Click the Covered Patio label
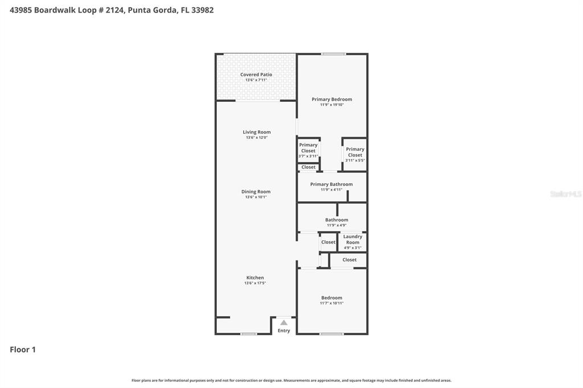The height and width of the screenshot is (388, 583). click(256, 75)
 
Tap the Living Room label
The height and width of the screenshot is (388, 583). click(256, 132)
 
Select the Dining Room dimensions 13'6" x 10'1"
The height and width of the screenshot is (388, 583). click(256, 197)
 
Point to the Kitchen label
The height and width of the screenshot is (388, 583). click(255, 278)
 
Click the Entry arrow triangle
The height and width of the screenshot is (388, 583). click(284, 323)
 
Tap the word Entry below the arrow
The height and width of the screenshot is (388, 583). click(284, 331)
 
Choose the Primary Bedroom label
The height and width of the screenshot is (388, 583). click(331, 100)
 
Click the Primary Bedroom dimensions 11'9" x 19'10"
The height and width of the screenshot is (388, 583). click(331, 105)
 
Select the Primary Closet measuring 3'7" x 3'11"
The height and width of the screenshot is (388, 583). click(308, 150)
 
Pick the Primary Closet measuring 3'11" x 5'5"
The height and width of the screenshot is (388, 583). click(355, 155)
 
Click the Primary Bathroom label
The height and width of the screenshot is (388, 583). click(331, 184)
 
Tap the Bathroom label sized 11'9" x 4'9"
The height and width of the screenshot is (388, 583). click(336, 220)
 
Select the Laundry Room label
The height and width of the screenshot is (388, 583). click(352, 240)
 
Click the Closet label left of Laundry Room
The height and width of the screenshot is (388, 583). click(328, 242)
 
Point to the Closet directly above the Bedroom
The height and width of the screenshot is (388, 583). click(350, 260)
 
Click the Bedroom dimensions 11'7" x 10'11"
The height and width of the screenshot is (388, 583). click(331, 303)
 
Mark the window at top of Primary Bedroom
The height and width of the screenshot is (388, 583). click(333, 54)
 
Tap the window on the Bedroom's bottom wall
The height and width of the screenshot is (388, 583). click(331, 334)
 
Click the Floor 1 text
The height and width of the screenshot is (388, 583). click(23, 350)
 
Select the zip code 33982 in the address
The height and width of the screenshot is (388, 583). click(203, 10)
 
